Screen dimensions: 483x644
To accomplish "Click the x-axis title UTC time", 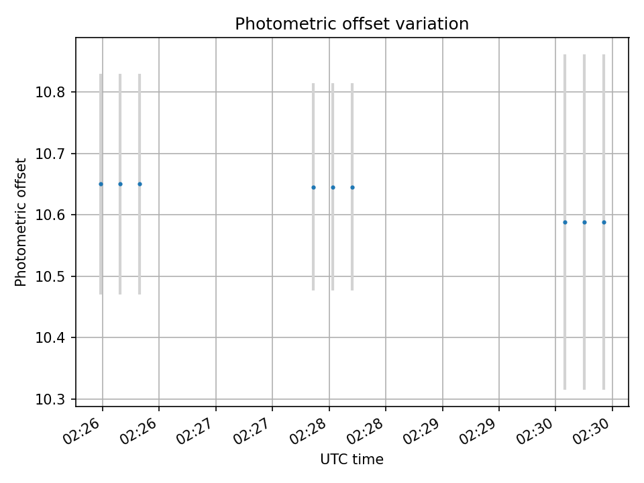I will [352, 460].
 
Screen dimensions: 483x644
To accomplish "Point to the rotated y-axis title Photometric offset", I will [21, 222].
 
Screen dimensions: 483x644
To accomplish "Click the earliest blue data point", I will [101, 184].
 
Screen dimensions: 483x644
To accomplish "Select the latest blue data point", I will [604, 222].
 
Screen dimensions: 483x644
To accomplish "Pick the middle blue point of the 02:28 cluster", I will [333, 187].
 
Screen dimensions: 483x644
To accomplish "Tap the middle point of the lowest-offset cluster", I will [584, 222].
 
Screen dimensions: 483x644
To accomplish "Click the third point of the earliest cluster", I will [140, 184].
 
